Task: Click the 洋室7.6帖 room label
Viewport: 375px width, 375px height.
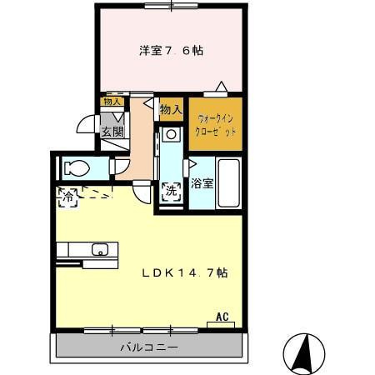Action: click(x=171, y=51)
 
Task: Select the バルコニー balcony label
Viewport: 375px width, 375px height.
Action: click(x=148, y=347)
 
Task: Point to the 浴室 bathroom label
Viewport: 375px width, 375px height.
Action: click(x=202, y=182)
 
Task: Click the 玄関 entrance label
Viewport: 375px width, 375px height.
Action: click(x=112, y=131)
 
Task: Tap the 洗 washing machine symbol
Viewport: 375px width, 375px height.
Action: click(x=172, y=191)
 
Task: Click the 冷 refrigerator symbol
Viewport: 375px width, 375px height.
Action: click(x=66, y=197)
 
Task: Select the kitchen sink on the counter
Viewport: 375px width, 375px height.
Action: click(x=100, y=249)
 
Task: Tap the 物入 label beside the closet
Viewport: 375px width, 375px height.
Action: click(x=170, y=109)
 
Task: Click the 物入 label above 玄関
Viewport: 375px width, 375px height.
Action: click(x=112, y=102)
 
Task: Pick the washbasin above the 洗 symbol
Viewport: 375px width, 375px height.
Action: click(x=170, y=134)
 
